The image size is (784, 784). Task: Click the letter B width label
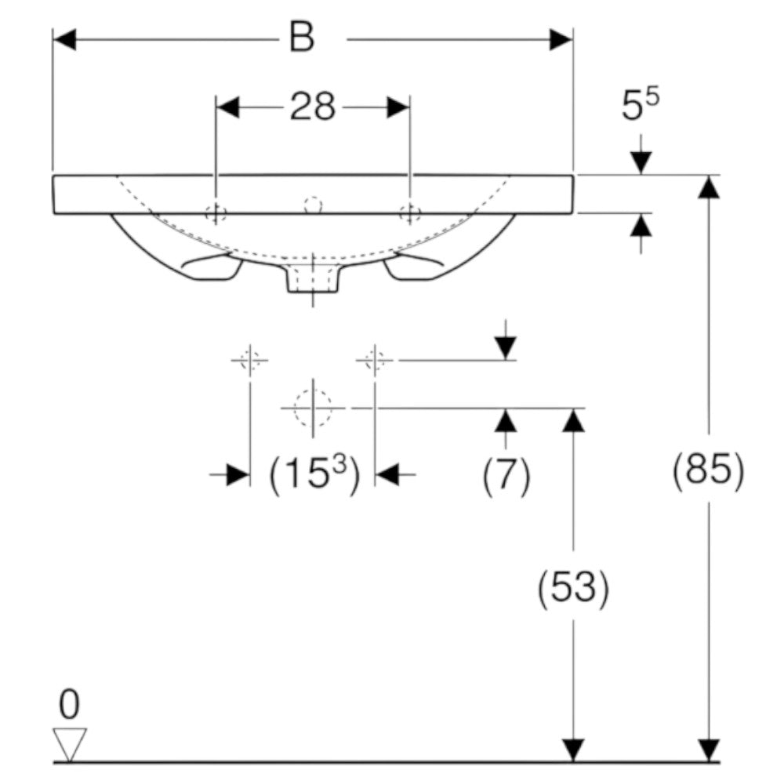pyautogui.click(x=302, y=38)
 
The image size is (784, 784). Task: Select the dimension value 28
pyautogui.click(x=313, y=107)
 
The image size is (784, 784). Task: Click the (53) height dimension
pyautogui.click(x=573, y=587)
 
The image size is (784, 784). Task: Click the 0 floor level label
pyautogui.click(x=69, y=705)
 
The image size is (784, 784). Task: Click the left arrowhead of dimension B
pyautogui.click(x=64, y=39)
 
